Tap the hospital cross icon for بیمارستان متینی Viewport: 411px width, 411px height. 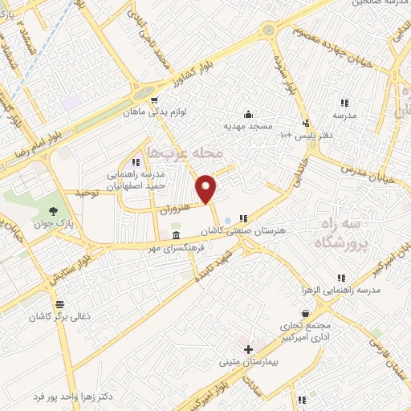tap(248, 349)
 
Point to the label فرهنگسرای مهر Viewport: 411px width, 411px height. tap(169, 248)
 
